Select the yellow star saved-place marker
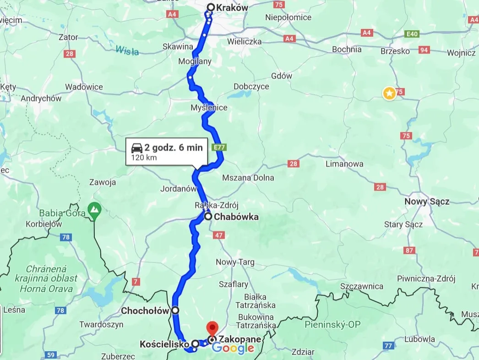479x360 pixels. pyautogui.click(x=389, y=94)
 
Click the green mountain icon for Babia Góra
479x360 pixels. pyautogui.click(x=94, y=209)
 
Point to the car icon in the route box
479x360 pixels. pyautogui.click(x=136, y=148)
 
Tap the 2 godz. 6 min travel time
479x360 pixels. pyautogui.click(x=173, y=147)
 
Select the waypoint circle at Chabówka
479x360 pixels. pyautogui.click(x=208, y=217)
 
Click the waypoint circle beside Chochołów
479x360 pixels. pyautogui.click(x=175, y=310)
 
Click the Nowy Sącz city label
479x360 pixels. pyautogui.click(x=427, y=201)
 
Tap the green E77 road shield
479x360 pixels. pyautogui.click(x=219, y=147)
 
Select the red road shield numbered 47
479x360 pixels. pyautogui.click(x=218, y=235)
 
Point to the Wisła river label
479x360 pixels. pyautogui.click(x=127, y=50)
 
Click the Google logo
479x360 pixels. pyautogui.click(x=233, y=348)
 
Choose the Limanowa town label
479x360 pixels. pyautogui.click(x=344, y=164)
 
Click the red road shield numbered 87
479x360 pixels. pyautogui.click(x=409, y=251)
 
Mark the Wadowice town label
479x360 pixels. pyautogui.click(x=84, y=87)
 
